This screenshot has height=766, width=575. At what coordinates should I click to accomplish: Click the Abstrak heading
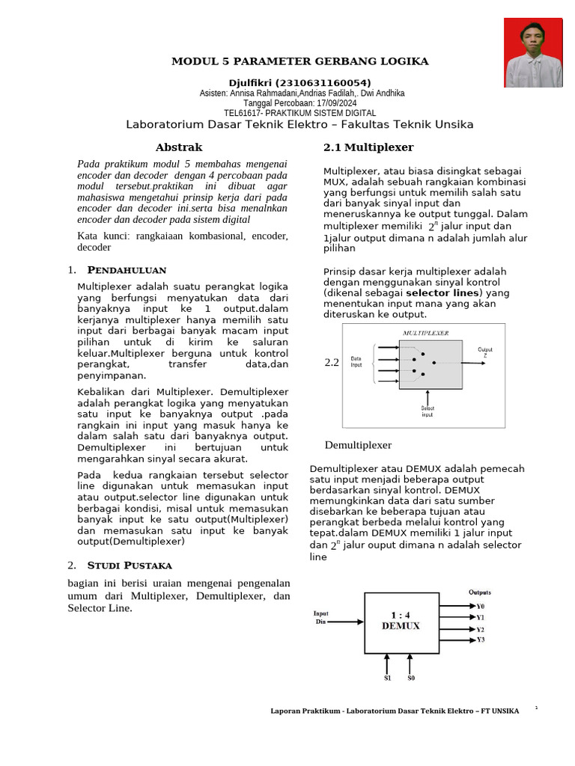(x=178, y=147)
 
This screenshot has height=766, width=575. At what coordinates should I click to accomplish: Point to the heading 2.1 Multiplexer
(x=368, y=147)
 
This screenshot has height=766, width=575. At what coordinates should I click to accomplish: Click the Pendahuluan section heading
(x=127, y=269)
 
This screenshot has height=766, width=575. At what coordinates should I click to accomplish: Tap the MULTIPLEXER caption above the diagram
(x=426, y=333)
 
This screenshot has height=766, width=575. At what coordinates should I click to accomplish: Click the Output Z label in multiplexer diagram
(x=484, y=352)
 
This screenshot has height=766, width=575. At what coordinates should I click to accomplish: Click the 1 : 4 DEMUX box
(x=401, y=620)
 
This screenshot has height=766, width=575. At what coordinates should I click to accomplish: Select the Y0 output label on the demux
(x=481, y=606)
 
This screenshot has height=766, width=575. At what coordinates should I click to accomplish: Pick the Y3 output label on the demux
(x=481, y=640)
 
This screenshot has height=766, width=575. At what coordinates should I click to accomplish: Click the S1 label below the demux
(x=387, y=678)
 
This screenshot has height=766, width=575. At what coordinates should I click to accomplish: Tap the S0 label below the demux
(x=410, y=678)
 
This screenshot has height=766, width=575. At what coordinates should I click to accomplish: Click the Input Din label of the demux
(x=321, y=617)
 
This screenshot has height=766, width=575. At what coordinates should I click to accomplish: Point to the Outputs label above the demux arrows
(x=480, y=592)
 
